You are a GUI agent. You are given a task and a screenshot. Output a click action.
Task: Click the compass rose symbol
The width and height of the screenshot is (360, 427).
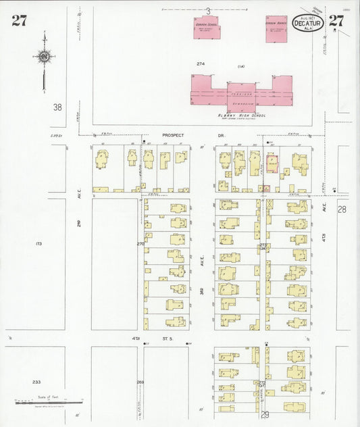(44, 57)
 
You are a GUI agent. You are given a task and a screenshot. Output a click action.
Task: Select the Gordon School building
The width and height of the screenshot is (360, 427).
(207, 28)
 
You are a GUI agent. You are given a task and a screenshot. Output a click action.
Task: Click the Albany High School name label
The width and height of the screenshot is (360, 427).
(240, 116)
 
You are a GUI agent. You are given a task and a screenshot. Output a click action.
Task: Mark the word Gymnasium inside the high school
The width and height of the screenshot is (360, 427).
(240, 104)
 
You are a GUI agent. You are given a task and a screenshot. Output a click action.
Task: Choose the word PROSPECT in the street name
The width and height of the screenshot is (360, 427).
(173, 135)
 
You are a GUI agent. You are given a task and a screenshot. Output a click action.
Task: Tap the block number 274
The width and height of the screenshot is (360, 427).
(201, 64)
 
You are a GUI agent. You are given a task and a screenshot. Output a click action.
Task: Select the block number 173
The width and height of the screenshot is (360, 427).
(38, 243)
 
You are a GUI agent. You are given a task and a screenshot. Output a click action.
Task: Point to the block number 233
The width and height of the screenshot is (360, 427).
(36, 382)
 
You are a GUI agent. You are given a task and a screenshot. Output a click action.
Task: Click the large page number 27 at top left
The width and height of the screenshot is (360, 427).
(19, 20)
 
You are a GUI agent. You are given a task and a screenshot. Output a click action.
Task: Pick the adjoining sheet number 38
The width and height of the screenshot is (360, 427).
(57, 107)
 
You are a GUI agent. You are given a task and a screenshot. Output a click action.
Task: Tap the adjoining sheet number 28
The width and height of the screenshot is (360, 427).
(342, 209)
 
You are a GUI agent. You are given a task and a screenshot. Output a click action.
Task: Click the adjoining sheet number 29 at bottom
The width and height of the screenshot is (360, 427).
(264, 415)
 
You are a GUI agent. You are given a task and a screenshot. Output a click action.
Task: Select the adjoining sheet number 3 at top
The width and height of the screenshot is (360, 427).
(209, 10)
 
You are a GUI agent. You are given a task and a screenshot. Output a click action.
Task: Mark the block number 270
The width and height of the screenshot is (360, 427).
(140, 243)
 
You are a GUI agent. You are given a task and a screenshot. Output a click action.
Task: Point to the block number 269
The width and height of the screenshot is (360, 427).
(140, 382)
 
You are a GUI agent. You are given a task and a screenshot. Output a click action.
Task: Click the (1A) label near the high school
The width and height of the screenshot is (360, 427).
(241, 67)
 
